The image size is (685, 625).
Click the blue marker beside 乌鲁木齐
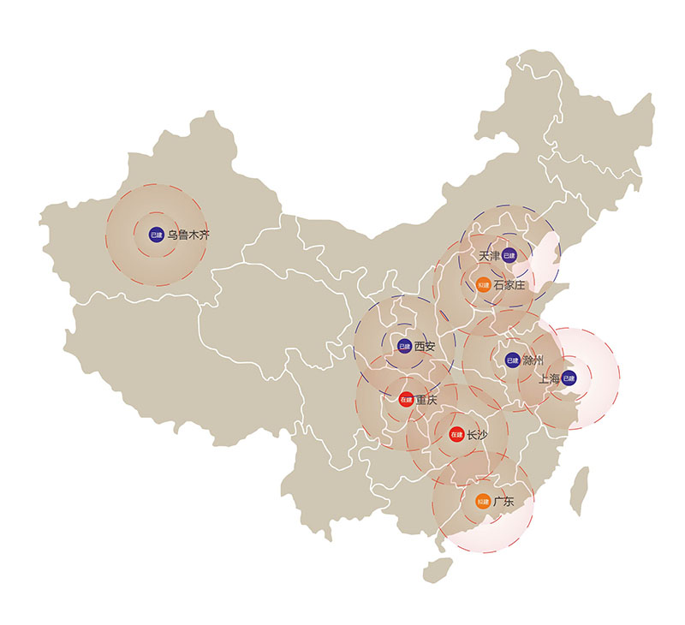tap(156, 234)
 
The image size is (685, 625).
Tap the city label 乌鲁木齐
tap(188, 234)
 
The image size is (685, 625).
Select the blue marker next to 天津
tap(509, 255)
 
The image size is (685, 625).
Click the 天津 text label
tap(489, 256)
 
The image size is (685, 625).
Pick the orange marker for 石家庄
tap(483, 284)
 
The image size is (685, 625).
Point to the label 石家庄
tap(509, 284)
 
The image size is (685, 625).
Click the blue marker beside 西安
tap(404, 347)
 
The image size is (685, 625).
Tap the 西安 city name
tap(426, 347)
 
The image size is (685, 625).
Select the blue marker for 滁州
tap(512, 360)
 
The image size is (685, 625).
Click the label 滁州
tap(533, 360)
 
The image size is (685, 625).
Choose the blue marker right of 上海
tap(569, 378)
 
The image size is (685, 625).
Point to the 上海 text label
tap(549, 378)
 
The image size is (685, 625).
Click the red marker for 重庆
tap(406, 400)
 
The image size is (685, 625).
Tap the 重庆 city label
tap(426, 400)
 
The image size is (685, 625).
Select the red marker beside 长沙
tap(456, 435)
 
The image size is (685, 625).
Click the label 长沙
tap(477, 435)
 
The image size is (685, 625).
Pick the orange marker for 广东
tap(483, 502)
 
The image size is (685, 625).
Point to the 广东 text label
tap(503, 502)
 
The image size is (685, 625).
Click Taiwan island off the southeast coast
tap(580, 492)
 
